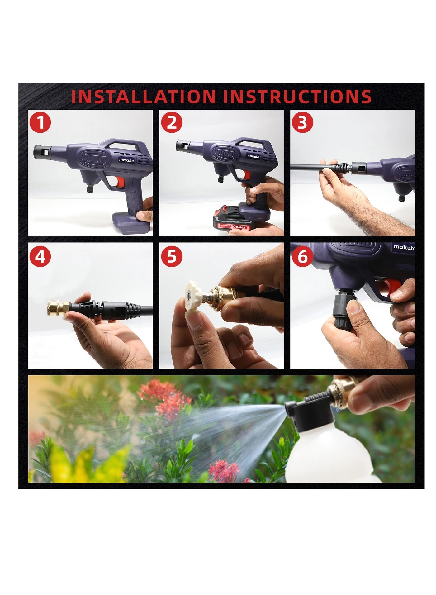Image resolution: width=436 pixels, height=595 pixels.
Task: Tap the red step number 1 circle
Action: tap(40, 123)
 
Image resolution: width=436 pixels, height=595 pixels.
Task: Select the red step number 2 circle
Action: tap(172, 122)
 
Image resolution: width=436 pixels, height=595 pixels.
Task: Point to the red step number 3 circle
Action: tap(302, 122)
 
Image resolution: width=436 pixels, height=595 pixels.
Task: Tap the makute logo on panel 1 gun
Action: tap(126, 160)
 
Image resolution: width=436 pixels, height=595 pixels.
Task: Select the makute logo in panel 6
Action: tap(404, 248)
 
